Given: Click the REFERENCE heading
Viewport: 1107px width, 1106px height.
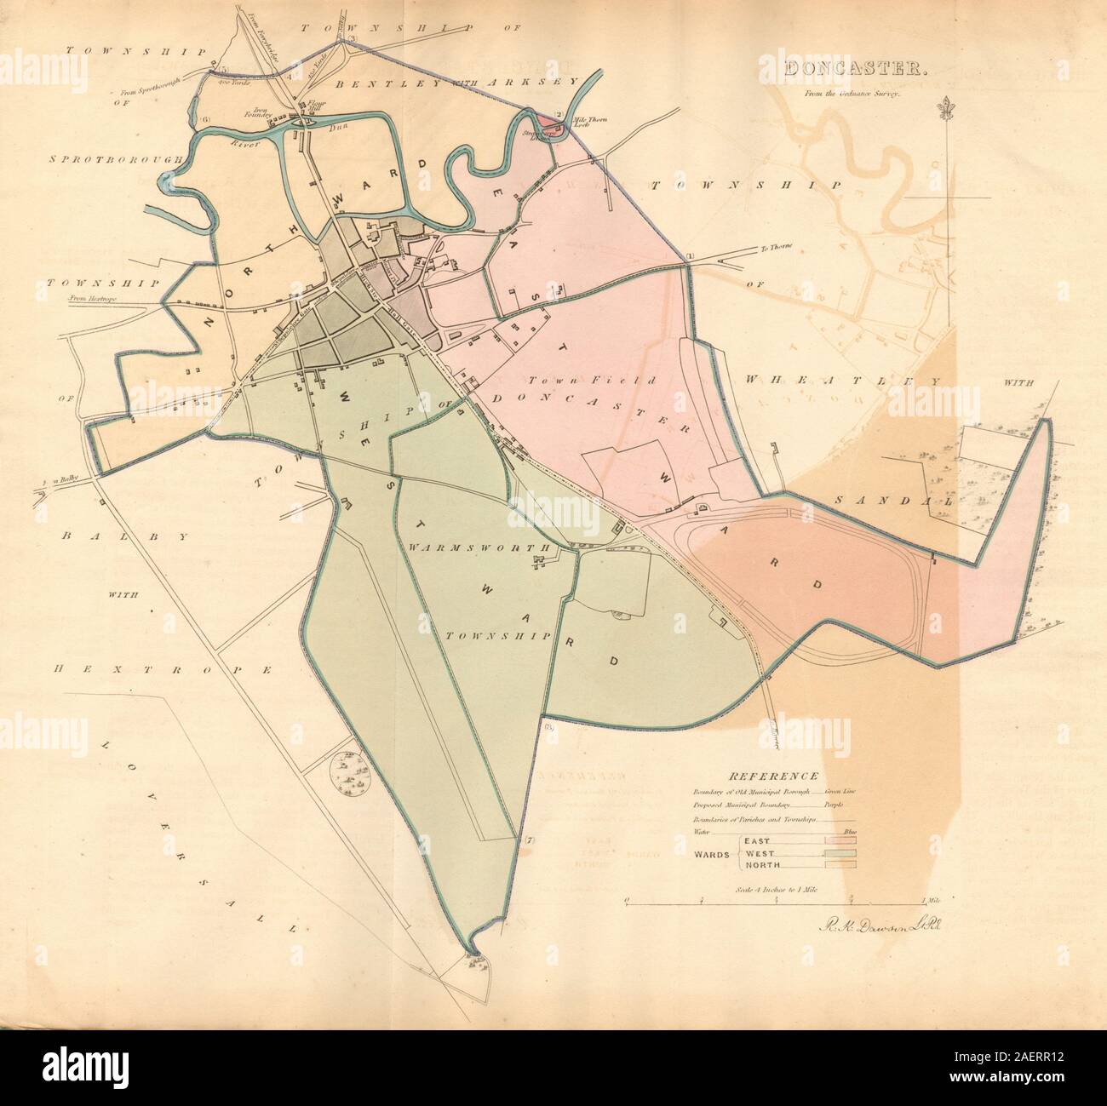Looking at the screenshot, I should [772, 776].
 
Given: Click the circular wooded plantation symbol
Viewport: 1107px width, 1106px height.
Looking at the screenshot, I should [349, 773].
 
